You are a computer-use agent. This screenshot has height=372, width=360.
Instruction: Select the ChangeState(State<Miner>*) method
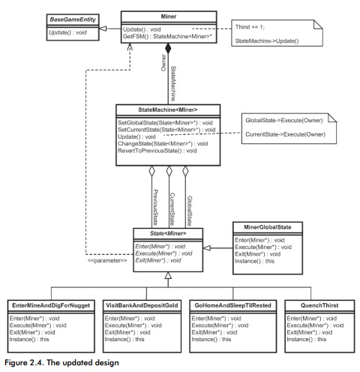(x=161, y=143)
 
